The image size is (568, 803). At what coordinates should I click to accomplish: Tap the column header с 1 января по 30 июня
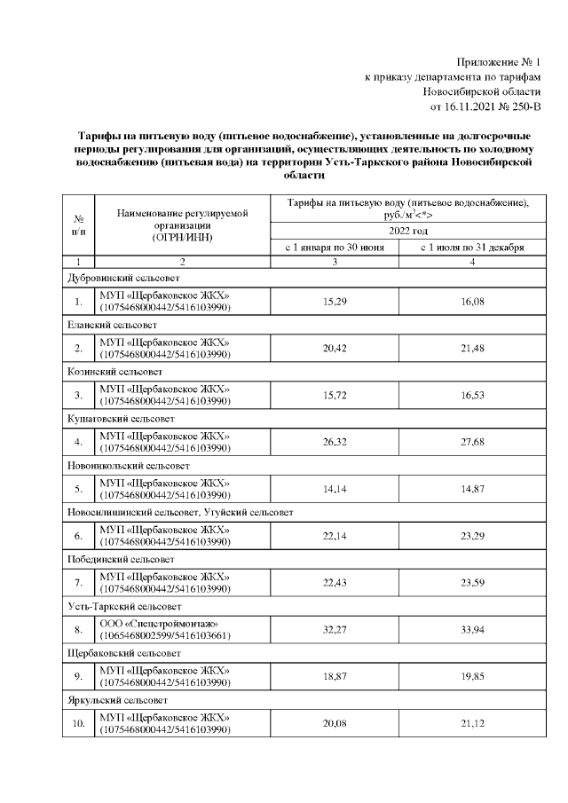[x=334, y=248]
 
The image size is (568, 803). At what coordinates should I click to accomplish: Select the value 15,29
[x=334, y=302]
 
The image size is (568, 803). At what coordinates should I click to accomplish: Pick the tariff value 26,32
[x=334, y=441]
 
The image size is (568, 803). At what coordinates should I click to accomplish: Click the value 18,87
[x=334, y=676]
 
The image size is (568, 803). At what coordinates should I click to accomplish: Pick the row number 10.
[x=79, y=722]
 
